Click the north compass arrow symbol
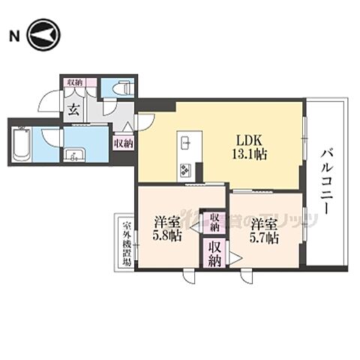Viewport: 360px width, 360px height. point(43,34)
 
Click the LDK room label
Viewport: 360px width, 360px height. point(248,139)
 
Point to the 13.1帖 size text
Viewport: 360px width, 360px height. point(248,154)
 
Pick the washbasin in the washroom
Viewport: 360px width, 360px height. point(73,157)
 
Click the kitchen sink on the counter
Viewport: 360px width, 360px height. point(186,141)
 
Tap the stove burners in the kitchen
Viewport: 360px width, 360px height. point(185,168)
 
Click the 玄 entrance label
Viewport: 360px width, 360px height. point(75,109)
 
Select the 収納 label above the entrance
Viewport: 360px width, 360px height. point(74,82)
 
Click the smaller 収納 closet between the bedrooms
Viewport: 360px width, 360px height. point(215,220)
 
